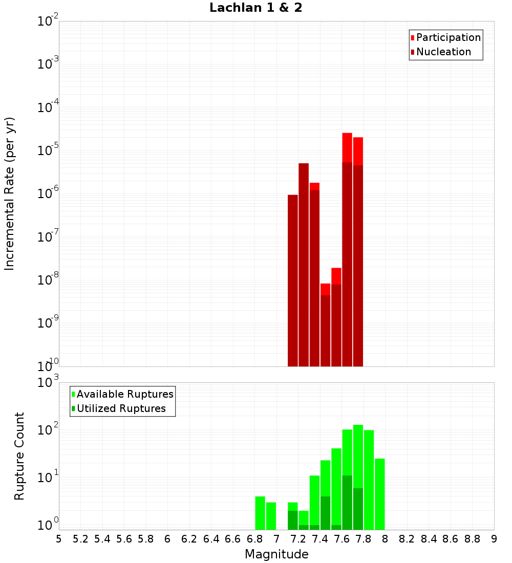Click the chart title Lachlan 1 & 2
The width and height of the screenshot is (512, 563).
click(255, 8)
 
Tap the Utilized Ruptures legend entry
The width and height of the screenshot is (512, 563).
click(121, 408)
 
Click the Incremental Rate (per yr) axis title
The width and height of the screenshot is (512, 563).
click(10, 193)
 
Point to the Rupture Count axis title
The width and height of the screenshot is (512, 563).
click(19, 456)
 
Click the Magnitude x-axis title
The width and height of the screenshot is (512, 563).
click(276, 554)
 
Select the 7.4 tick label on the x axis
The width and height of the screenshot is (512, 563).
click(320, 539)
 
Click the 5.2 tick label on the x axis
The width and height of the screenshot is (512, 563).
click(81, 539)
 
